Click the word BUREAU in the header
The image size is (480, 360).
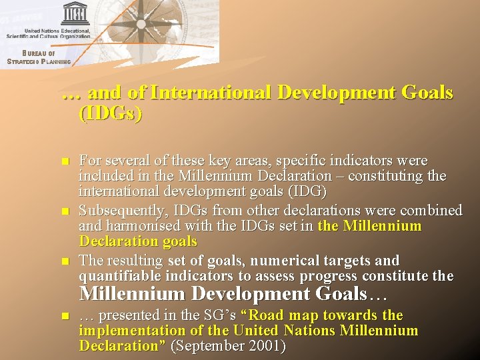pos(38,54)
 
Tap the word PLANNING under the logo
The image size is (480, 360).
pos(56,62)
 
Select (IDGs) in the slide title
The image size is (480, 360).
pos(110,113)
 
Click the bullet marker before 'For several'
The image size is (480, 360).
pos(64,162)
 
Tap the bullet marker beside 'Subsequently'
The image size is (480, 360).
pos(64,211)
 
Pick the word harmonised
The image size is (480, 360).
pos(141,226)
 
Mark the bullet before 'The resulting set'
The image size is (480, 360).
pos(64,261)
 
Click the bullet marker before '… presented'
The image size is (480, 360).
pos(64,315)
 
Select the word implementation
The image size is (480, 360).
pos(128,331)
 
